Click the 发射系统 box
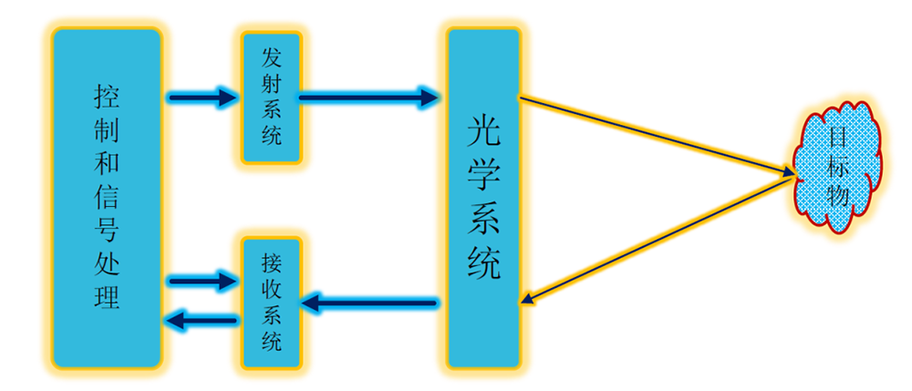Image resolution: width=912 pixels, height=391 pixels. [272, 98]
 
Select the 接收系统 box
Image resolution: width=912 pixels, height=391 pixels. [272, 304]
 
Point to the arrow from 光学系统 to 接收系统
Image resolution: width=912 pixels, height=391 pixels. [368, 300]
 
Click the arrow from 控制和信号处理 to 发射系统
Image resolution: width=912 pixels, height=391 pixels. [202, 96]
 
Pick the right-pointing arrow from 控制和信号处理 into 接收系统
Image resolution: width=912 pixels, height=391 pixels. [202, 281]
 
